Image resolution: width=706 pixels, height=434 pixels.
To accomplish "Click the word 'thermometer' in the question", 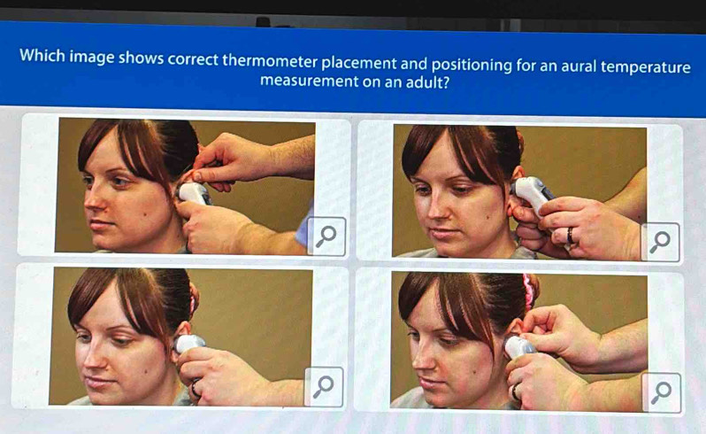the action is click(x=270, y=60).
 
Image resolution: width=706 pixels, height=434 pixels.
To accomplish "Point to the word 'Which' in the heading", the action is click(x=42, y=56).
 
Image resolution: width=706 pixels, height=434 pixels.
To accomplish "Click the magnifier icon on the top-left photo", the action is click(x=326, y=236).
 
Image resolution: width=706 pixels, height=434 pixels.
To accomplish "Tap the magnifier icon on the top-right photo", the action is click(x=660, y=242).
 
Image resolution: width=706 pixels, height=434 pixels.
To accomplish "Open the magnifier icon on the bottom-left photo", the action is click(x=324, y=387).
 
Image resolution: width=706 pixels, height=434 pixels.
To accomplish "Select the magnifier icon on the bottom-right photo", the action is click(x=661, y=392).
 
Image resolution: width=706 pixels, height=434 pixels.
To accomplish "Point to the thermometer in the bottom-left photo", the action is click(x=189, y=344).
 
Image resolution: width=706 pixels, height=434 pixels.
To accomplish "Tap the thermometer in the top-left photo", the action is click(x=194, y=193).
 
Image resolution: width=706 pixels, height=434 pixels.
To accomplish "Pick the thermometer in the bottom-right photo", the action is click(x=519, y=347).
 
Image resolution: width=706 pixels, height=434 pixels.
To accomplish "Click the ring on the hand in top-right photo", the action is click(x=570, y=236).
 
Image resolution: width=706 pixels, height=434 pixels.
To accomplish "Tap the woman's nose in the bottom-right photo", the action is click(x=420, y=356).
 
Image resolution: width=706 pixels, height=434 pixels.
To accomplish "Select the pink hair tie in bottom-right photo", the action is click(x=528, y=291).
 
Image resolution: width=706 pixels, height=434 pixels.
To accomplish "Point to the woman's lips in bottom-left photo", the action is click(x=97, y=381).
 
